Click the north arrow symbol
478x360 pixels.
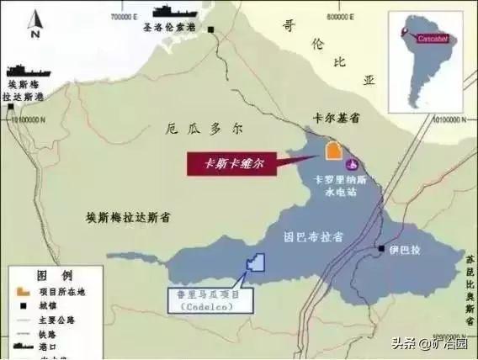[33, 25]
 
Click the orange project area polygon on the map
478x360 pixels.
[332, 151]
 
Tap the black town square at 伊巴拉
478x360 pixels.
[381, 249]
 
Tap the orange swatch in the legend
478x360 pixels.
[22, 291]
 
